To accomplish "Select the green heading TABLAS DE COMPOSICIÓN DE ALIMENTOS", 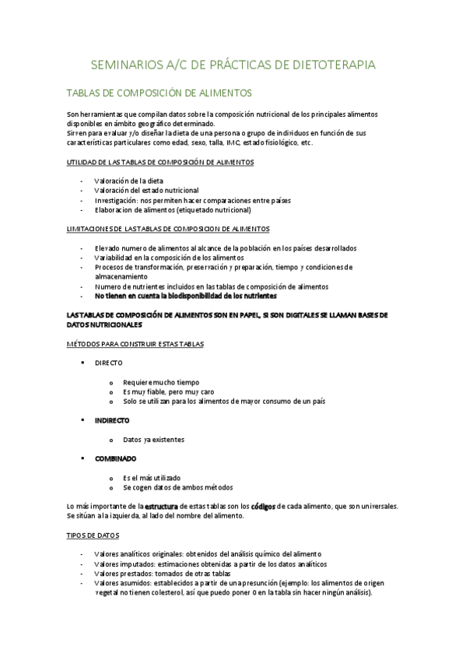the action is [159, 92].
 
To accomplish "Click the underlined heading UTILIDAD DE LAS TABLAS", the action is [160, 162].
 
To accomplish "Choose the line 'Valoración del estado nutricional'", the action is [146, 190].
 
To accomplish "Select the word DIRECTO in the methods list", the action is [108, 363].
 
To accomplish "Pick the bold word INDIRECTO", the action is [113, 420].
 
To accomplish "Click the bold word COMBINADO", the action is [116, 458].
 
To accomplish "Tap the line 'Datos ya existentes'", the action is [154, 440].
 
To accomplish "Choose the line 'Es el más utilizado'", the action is [152, 478].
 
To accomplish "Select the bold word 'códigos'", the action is [264, 507].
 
